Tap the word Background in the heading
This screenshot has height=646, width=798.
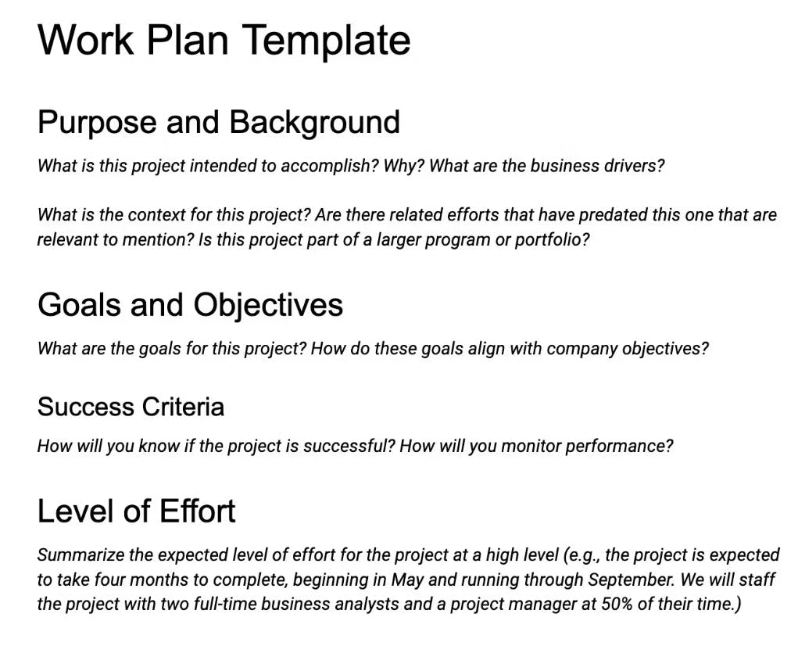[x=314, y=123]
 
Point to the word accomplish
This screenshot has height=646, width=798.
[x=329, y=166]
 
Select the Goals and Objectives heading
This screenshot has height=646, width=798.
[x=190, y=305]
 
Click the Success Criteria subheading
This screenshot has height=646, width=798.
[x=131, y=407]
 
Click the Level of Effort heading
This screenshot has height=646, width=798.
[x=136, y=511]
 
